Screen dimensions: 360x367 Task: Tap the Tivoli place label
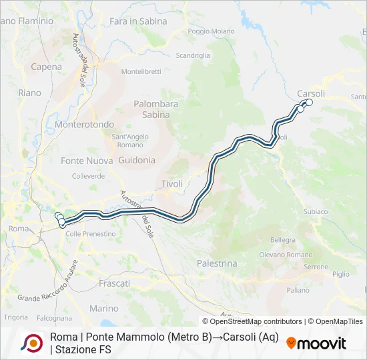coord(172,184)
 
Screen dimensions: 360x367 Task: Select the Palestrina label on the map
coord(217,263)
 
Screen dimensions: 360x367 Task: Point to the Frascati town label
coord(114,283)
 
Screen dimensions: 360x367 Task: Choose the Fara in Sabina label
coord(138,21)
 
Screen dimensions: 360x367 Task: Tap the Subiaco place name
coord(315,211)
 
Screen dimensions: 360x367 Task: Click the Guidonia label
coord(137,160)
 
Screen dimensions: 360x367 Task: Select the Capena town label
coord(47,67)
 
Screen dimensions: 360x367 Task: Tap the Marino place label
coord(103,309)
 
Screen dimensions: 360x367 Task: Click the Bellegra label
coord(283,240)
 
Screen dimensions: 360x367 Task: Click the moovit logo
coord(316,343)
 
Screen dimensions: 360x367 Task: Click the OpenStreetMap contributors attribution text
coord(246,321)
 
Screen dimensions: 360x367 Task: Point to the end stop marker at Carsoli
coord(309,102)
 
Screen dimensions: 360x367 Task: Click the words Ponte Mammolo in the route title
coord(119,337)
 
